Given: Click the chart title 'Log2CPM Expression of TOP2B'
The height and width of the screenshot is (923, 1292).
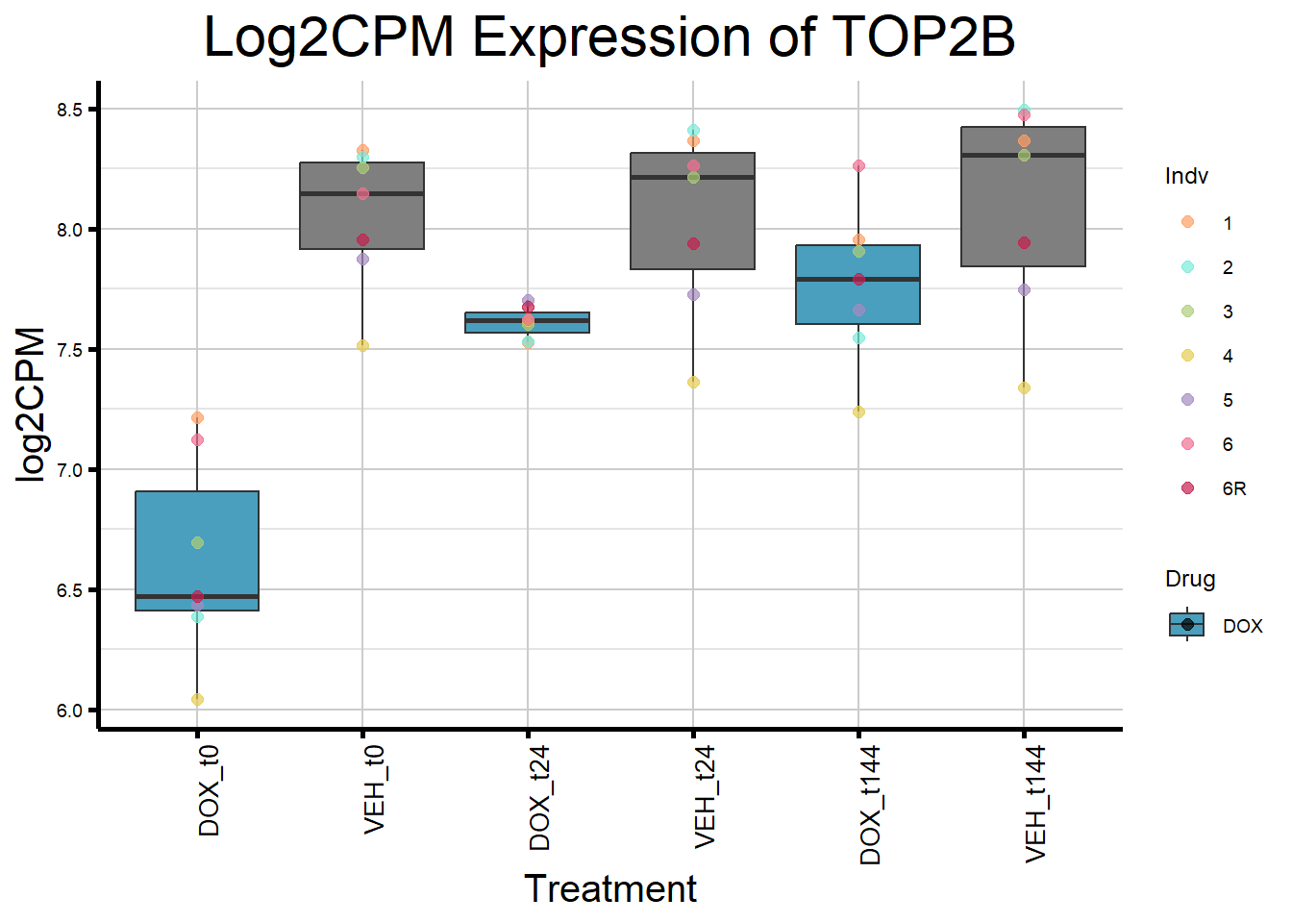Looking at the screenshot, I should coord(609,38).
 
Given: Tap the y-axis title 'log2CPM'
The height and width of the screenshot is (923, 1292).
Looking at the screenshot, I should coord(31,405).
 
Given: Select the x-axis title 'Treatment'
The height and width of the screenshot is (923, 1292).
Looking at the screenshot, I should coord(609,889).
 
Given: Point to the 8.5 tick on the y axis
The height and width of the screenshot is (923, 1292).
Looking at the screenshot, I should coord(70,110).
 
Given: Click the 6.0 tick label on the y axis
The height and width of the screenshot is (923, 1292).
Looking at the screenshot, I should coord(70,711).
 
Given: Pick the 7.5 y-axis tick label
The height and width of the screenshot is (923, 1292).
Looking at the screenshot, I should coord(70,350).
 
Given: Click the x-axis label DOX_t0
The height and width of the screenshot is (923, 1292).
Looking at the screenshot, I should coord(210,790).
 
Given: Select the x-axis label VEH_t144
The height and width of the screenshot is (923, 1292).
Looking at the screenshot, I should coord(1035,804).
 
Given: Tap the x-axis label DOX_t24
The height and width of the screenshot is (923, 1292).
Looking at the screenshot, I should coord(540,798).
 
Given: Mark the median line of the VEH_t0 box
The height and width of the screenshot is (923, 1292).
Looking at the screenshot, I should coord(362,194).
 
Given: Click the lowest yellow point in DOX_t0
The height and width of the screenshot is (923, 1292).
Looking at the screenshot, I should coord(197,700).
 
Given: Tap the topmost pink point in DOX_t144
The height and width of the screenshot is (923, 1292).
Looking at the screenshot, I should coord(858,166).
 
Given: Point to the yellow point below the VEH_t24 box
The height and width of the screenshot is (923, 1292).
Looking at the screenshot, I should coord(693,383).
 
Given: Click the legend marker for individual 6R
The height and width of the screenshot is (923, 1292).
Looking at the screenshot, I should coord(1188,488).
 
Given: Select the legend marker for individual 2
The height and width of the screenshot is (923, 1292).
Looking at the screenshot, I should coord(1188,267).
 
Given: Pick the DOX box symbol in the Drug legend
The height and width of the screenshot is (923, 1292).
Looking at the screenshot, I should coord(1187,625).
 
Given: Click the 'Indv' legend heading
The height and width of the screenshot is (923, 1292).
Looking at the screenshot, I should coord(1186,176).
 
